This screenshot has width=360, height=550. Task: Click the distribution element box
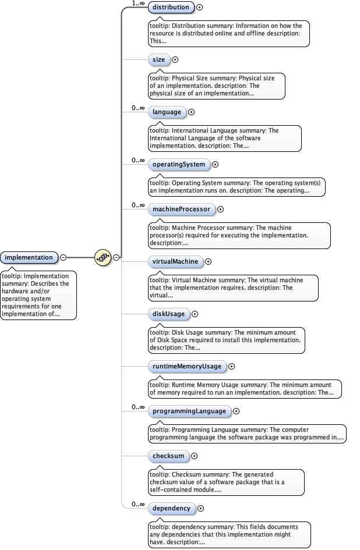pyautogui.click(x=171, y=8)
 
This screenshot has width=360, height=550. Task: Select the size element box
pyautogui.click(x=158, y=59)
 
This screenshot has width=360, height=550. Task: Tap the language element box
pyautogui.click(x=167, y=112)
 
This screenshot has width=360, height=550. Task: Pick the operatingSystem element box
pyautogui.click(x=179, y=164)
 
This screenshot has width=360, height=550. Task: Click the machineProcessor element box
pyautogui.click(x=181, y=209)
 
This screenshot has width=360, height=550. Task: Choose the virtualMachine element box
pyautogui.click(x=175, y=262)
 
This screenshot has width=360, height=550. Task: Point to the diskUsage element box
pyautogui.click(x=168, y=314)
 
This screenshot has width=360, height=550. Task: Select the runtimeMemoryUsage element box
pyautogui.click(x=186, y=366)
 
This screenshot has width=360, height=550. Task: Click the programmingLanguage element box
pyautogui.click(x=189, y=411)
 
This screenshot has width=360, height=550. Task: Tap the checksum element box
pyautogui.click(x=168, y=456)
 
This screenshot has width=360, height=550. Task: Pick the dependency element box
pyautogui.click(x=171, y=508)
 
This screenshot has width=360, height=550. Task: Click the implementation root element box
pyautogui.click(x=29, y=257)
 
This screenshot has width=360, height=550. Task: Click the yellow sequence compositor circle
pyautogui.click(x=103, y=257)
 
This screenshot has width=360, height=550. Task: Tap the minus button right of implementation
pyautogui.click(x=63, y=257)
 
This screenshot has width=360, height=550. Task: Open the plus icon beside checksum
pyautogui.click(x=194, y=456)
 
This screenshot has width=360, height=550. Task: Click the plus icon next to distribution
pyautogui.click(x=200, y=8)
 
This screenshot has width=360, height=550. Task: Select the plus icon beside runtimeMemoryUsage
pyautogui.click(x=231, y=366)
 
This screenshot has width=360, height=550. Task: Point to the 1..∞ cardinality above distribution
pyautogui.click(x=138, y=3)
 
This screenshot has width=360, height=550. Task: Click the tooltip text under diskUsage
pyautogui.click(x=225, y=340)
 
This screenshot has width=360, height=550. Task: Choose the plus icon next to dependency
pyautogui.click(x=200, y=508)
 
